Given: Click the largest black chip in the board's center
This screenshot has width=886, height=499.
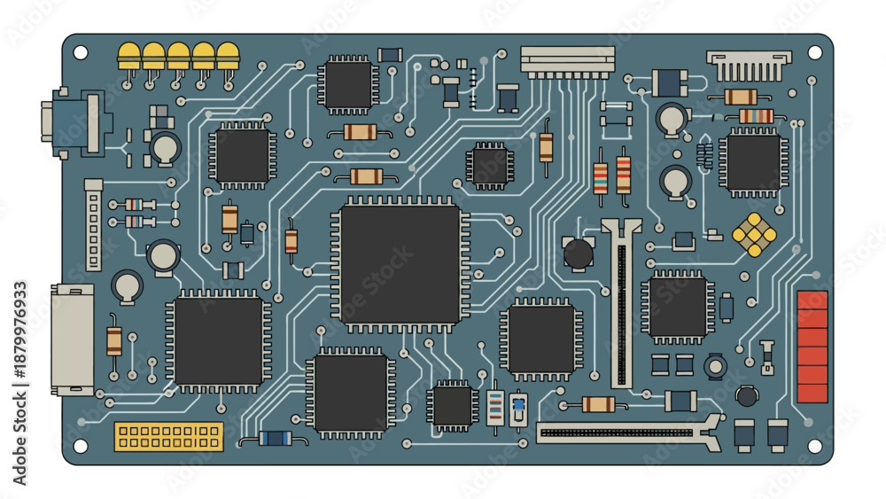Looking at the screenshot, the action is (x=400, y=264).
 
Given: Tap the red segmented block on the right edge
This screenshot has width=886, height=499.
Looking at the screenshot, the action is (x=812, y=347).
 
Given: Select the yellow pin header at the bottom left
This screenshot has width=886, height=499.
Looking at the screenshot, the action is (x=169, y=436).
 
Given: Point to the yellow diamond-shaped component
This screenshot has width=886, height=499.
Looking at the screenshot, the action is (x=754, y=235).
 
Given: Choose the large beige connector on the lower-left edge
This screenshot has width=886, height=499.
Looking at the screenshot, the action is (x=73, y=339).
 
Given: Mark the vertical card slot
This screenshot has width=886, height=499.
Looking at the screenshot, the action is (x=622, y=303).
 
